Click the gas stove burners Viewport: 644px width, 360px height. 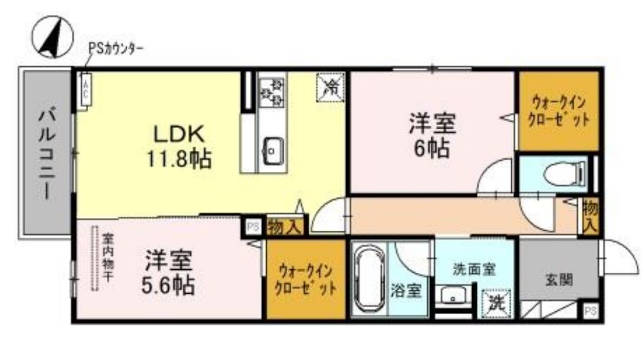click(274, 91)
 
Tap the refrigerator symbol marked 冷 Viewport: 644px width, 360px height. click(332, 87)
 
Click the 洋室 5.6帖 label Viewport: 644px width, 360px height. click(169, 272)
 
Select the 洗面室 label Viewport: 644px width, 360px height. click(473, 269)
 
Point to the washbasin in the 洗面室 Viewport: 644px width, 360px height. click(450, 296)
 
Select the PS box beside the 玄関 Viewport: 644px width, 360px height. click(591, 311)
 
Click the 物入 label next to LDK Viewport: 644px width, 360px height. click(284, 226)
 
